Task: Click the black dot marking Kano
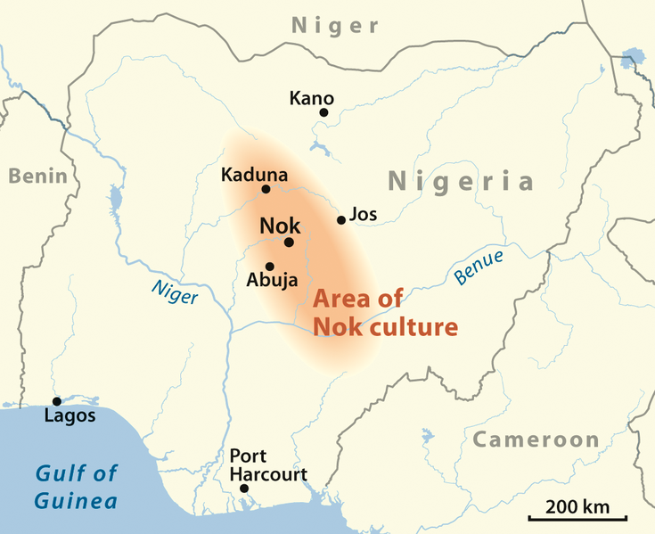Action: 323,112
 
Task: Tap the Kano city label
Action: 311,97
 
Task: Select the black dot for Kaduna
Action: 266,189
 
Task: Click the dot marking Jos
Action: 340,220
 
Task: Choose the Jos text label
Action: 364,215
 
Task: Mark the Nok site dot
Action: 289,242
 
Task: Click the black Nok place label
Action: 280,226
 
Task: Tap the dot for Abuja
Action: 269,266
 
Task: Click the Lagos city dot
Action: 56,402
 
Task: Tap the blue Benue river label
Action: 479,267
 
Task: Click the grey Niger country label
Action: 335,26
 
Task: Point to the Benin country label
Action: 37,176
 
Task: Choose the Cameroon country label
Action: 536,440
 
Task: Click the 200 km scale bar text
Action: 577,506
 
